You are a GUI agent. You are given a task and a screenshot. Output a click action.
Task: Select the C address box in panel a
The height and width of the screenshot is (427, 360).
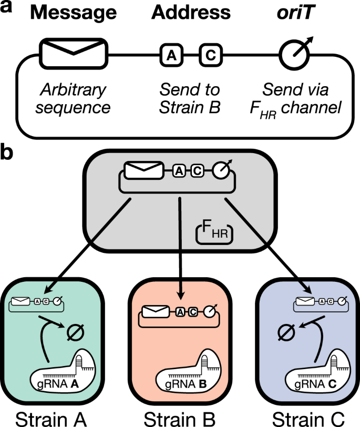(210, 54)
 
